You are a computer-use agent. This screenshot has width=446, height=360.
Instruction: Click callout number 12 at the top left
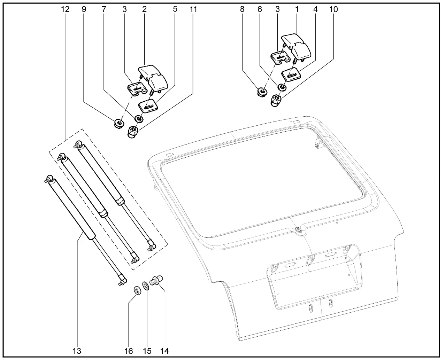[x=65, y=9]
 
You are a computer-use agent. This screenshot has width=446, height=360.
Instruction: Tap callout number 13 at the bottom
[x=77, y=351]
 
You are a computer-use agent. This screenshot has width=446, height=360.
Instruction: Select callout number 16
[x=129, y=351]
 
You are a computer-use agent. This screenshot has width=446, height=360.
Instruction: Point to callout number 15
[x=147, y=351]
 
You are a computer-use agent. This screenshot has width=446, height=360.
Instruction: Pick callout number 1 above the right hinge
[x=297, y=9]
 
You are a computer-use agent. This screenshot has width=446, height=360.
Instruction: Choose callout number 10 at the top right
[x=333, y=9]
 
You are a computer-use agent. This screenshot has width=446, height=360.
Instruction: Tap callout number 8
[x=242, y=9]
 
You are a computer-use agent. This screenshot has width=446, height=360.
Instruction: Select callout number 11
[x=193, y=9]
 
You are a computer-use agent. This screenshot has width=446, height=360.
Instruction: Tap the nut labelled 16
[x=137, y=290]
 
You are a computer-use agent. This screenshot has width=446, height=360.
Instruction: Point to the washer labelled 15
[x=146, y=285]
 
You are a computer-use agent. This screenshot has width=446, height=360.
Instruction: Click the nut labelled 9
[x=119, y=123]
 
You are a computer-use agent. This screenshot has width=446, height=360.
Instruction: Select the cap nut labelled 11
[x=133, y=131]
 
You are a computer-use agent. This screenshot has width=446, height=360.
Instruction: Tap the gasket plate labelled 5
[x=148, y=104]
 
